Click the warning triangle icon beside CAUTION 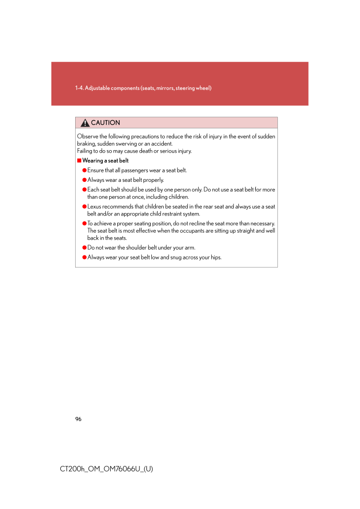click(85, 123)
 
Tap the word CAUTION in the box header click(105, 123)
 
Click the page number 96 click(78, 419)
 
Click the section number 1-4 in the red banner click(79, 88)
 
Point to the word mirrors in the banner click(161, 88)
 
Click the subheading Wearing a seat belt click(105, 161)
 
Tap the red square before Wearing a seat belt click(79, 161)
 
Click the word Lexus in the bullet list click(94, 207)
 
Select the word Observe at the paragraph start click(87, 136)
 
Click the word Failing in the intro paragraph click(85, 151)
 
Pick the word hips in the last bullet click(215, 257)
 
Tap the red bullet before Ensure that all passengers click(84, 170)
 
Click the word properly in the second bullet click(154, 180)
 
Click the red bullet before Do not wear click(84, 248)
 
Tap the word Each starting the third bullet click(92, 190)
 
